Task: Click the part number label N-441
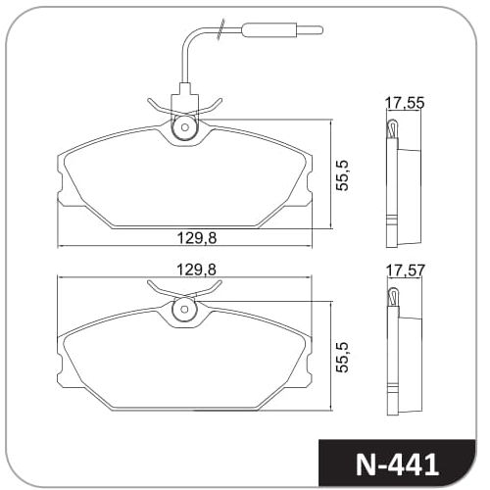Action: [x=397, y=464]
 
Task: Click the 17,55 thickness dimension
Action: [x=405, y=103]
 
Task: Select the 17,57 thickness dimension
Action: [x=406, y=270]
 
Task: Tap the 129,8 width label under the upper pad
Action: [x=197, y=238]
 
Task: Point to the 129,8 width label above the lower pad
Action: [x=197, y=269]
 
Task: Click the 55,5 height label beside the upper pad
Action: [x=343, y=175]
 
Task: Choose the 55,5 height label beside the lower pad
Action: [x=343, y=358]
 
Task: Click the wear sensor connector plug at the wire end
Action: [x=269, y=30]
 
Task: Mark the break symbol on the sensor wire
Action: [x=220, y=29]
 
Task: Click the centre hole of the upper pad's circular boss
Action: [x=185, y=127]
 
